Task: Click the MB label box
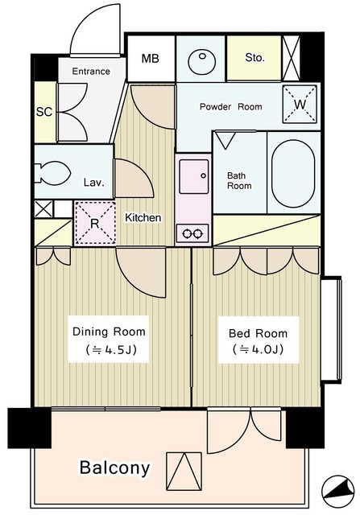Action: (x=151, y=59)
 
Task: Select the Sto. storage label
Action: (x=254, y=57)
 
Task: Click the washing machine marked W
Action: (x=300, y=105)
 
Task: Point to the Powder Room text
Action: (x=231, y=107)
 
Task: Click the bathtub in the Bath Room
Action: (x=293, y=174)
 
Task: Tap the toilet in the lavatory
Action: (x=53, y=172)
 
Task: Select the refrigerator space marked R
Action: (x=95, y=224)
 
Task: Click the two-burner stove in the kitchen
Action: (x=192, y=233)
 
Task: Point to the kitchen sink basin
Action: (x=194, y=176)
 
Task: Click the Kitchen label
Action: (x=143, y=217)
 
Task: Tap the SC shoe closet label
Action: (x=44, y=112)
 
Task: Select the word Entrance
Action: (x=91, y=72)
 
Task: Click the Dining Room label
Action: (x=109, y=332)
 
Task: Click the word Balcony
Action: (x=114, y=468)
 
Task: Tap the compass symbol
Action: (x=338, y=492)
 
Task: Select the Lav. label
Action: (x=93, y=183)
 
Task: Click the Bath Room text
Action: (x=239, y=180)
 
